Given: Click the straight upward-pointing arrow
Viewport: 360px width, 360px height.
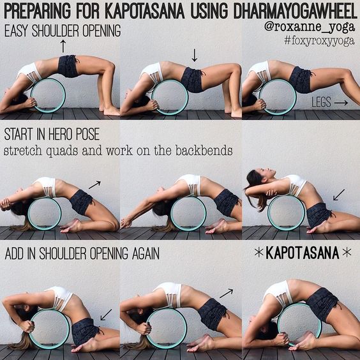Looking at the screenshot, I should pos(63,45).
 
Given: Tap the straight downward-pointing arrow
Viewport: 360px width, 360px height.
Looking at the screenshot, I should pos(195,56).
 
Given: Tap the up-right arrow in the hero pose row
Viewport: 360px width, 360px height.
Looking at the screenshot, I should pos(94,184).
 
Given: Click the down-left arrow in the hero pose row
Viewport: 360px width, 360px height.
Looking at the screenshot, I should pos(338,193).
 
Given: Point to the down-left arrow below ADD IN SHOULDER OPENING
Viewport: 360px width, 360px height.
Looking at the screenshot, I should pos(106,314).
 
